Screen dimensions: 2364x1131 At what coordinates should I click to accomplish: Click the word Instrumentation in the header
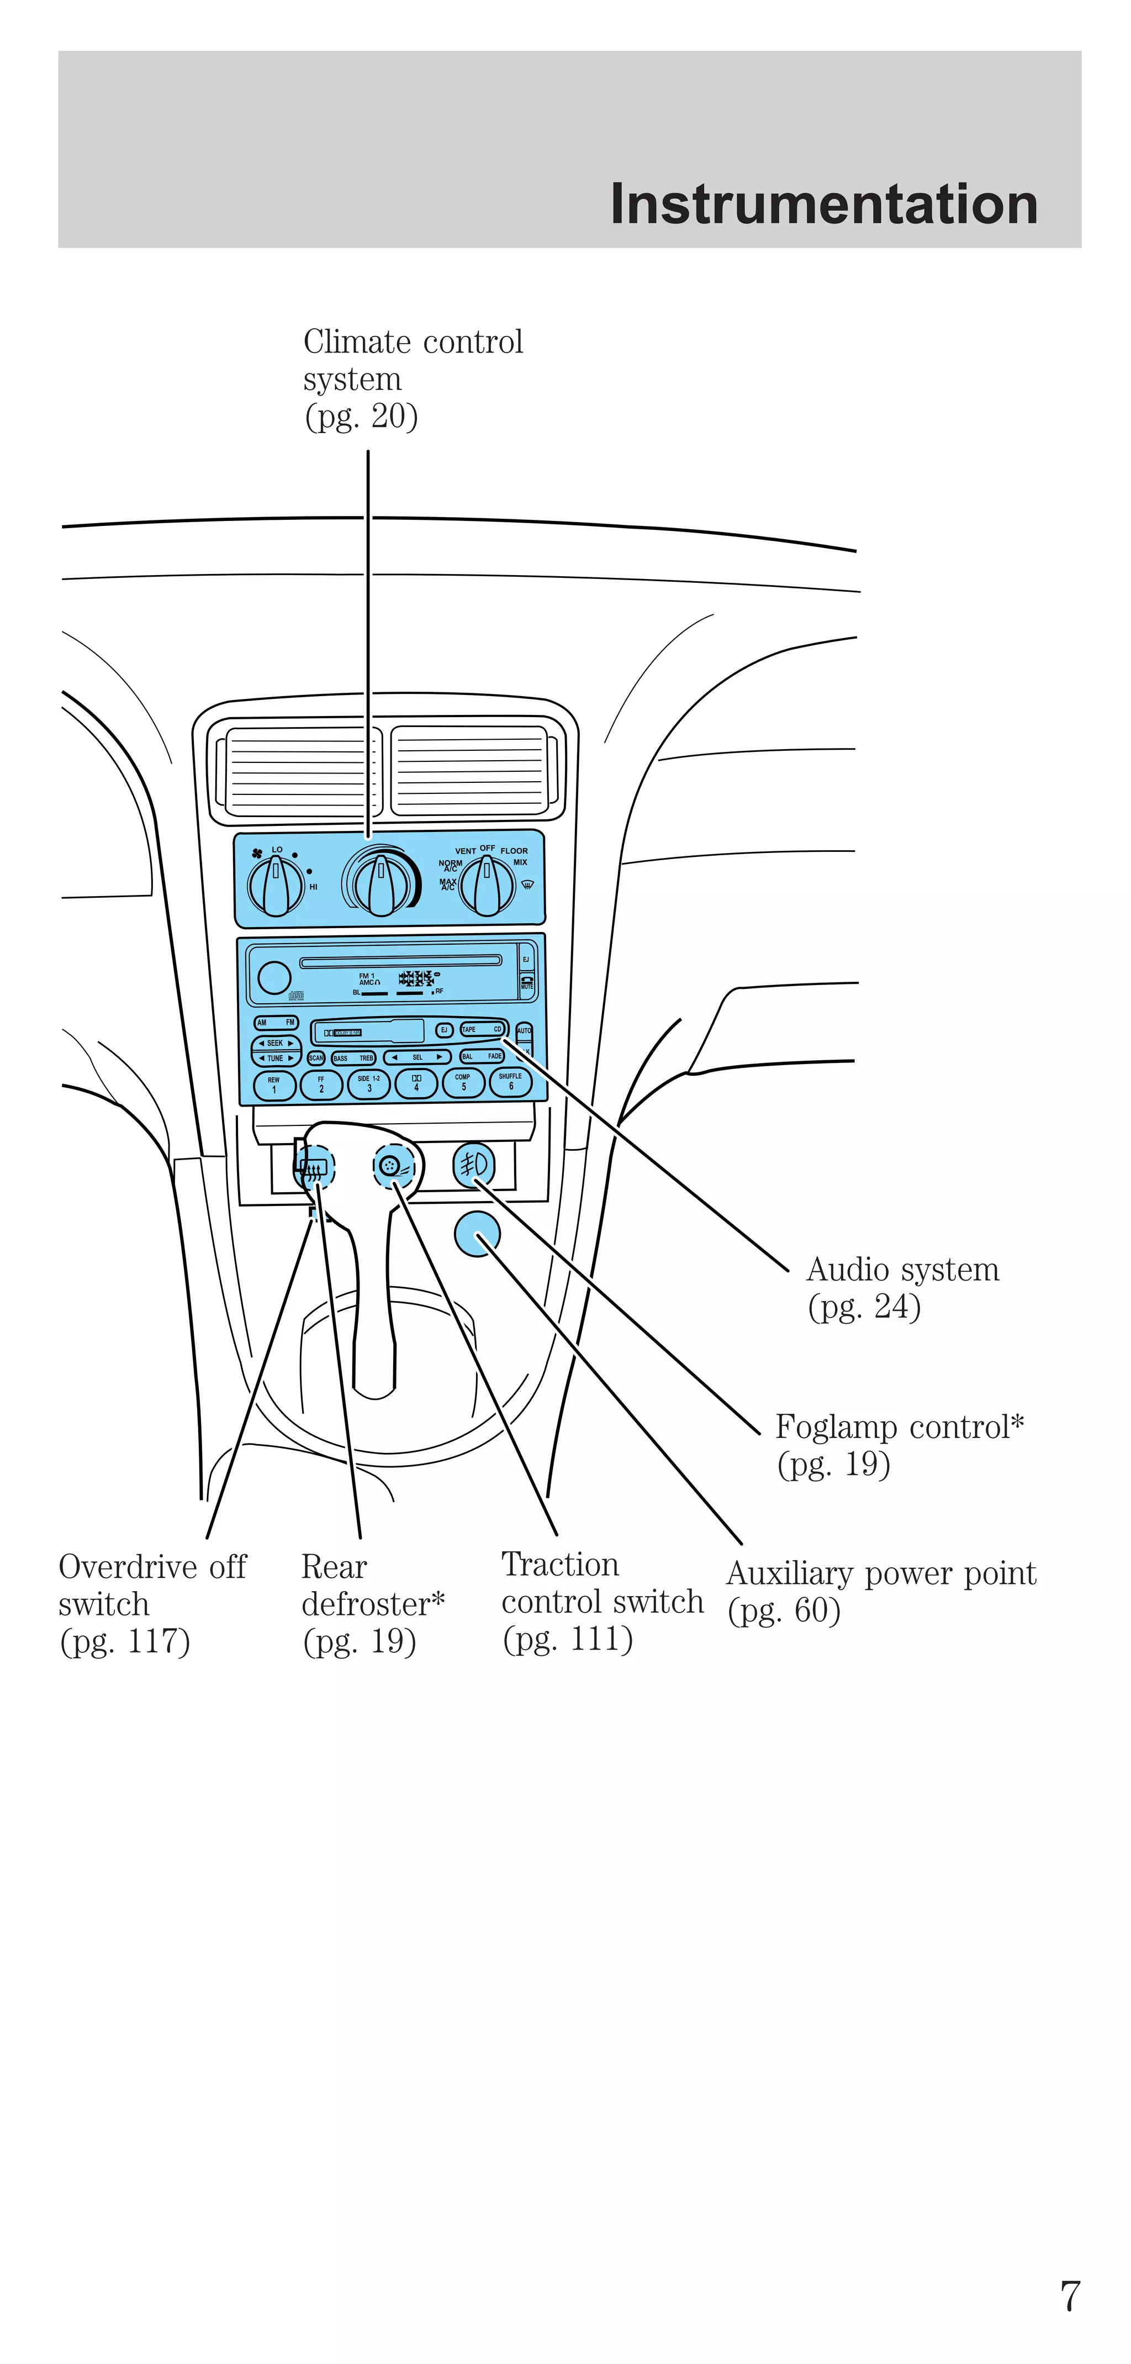click(x=823, y=204)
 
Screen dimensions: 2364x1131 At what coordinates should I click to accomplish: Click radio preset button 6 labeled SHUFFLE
click(x=511, y=1083)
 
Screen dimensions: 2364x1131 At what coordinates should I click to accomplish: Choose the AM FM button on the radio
click(x=276, y=1022)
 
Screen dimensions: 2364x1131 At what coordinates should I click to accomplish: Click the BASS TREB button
click(x=353, y=1058)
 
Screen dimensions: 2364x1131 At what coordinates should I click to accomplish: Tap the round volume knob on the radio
click(x=274, y=977)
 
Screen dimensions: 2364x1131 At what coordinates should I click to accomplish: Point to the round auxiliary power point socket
click(x=477, y=1234)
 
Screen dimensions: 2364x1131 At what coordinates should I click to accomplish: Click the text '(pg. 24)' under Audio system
click(x=864, y=1307)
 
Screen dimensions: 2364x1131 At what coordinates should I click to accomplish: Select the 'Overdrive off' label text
click(x=152, y=1567)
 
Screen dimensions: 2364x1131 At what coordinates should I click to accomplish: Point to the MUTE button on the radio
click(x=526, y=982)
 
